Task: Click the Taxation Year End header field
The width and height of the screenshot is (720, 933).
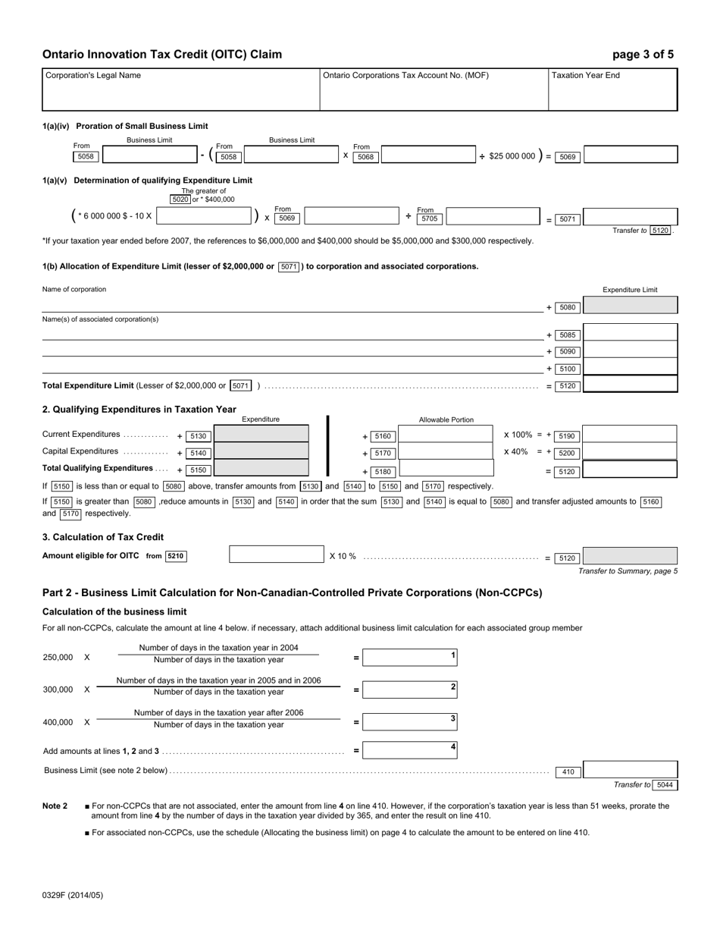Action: point(612,90)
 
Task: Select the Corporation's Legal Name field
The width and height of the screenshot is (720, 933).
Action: point(180,90)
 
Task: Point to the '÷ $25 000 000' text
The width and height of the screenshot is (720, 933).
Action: point(507,156)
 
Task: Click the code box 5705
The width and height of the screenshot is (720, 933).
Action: point(429,218)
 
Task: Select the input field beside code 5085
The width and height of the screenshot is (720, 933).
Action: point(630,335)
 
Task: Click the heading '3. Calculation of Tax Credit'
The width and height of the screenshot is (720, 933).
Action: point(103,537)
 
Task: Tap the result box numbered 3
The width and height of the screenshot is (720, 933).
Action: point(410,722)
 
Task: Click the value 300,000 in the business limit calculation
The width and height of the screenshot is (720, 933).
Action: point(58,690)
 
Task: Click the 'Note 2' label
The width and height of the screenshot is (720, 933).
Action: point(55,806)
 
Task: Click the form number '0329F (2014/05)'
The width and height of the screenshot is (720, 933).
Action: point(73,895)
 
